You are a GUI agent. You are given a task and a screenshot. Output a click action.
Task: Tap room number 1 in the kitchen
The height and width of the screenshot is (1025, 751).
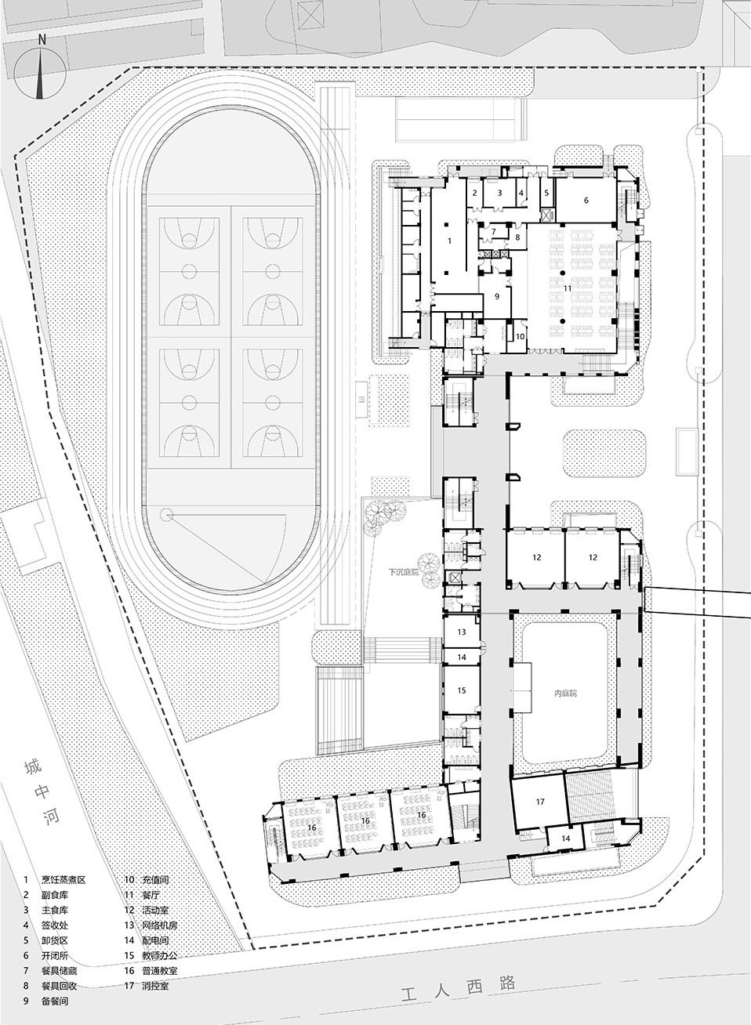449,242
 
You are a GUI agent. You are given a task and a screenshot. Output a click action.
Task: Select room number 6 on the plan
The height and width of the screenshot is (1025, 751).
585,200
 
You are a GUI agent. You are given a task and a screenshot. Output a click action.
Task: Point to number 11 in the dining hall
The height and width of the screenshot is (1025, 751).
565,288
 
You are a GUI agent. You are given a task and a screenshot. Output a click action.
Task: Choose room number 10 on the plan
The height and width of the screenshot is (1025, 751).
519,336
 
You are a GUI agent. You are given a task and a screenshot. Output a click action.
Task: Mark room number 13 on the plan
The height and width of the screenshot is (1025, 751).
462,631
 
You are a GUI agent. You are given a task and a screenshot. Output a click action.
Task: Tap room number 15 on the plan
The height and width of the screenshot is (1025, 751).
462,690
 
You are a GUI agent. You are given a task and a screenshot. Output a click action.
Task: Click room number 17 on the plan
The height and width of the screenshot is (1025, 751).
539,802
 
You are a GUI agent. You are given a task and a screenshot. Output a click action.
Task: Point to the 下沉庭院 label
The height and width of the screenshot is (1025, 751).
405,573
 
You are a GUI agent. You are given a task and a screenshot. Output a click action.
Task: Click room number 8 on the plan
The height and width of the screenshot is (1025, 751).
517,237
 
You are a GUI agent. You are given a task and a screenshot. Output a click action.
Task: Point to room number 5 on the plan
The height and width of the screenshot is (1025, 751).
546,192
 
